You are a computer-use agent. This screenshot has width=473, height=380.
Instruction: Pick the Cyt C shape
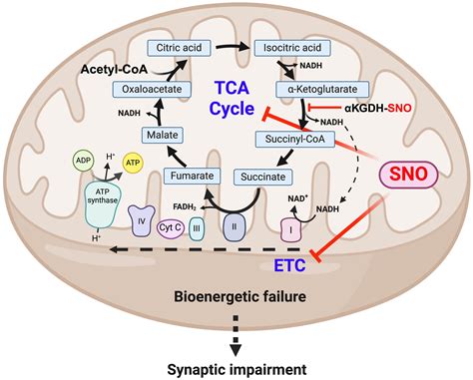(x=171, y=227)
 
